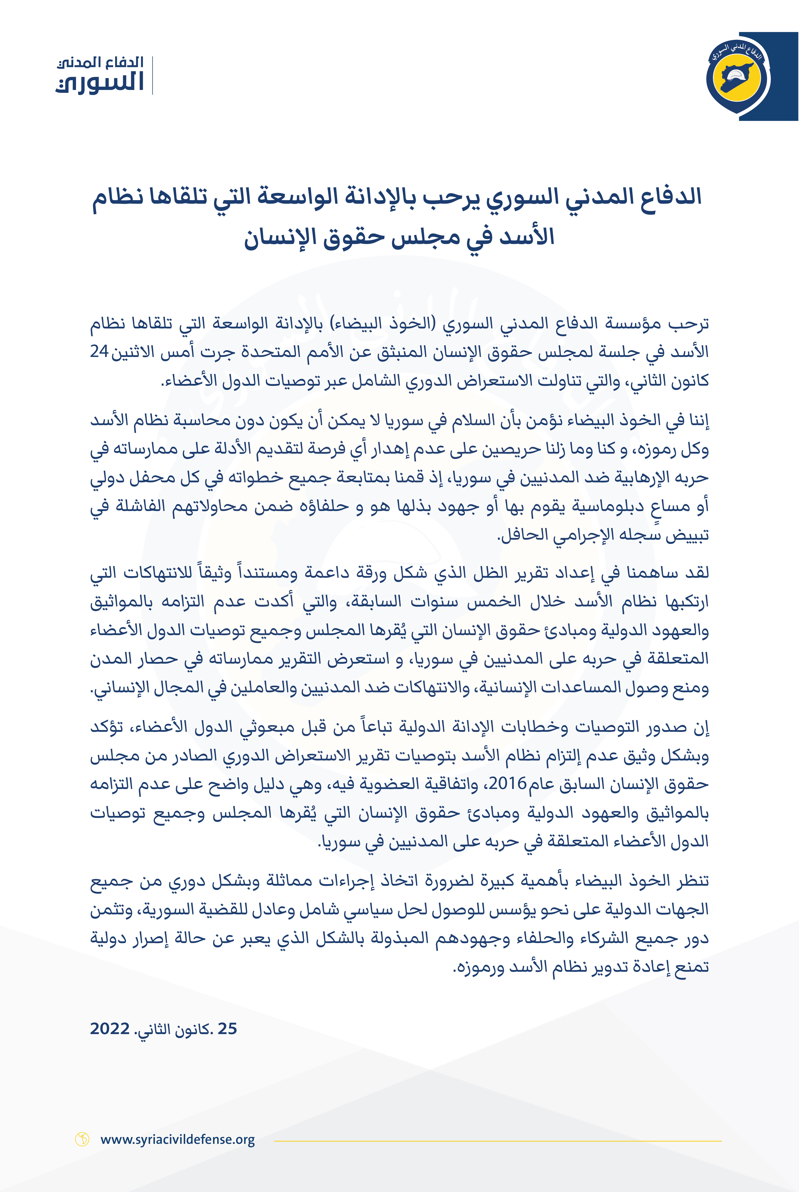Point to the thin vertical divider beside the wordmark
point(152,75)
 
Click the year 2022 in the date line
point(109,1028)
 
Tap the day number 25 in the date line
point(227,1028)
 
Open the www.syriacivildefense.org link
point(177,1139)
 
